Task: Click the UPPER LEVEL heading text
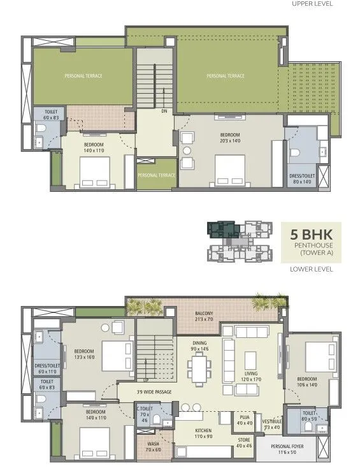(x=312, y=4)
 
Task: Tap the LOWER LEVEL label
(x=312, y=269)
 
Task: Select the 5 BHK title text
(x=312, y=233)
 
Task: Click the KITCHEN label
(x=203, y=431)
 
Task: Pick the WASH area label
(x=152, y=444)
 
